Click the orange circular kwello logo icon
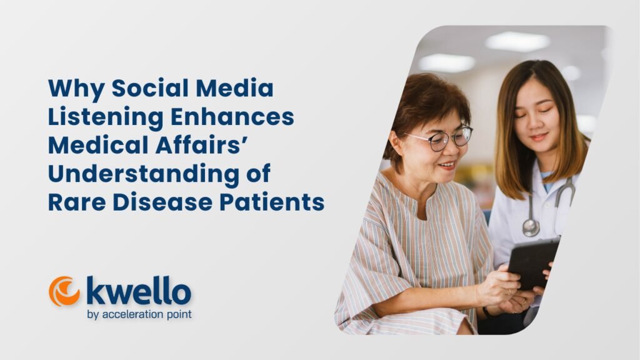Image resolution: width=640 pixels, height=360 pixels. [x=64, y=291]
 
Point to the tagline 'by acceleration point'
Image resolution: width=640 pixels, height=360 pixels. [x=139, y=313]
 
